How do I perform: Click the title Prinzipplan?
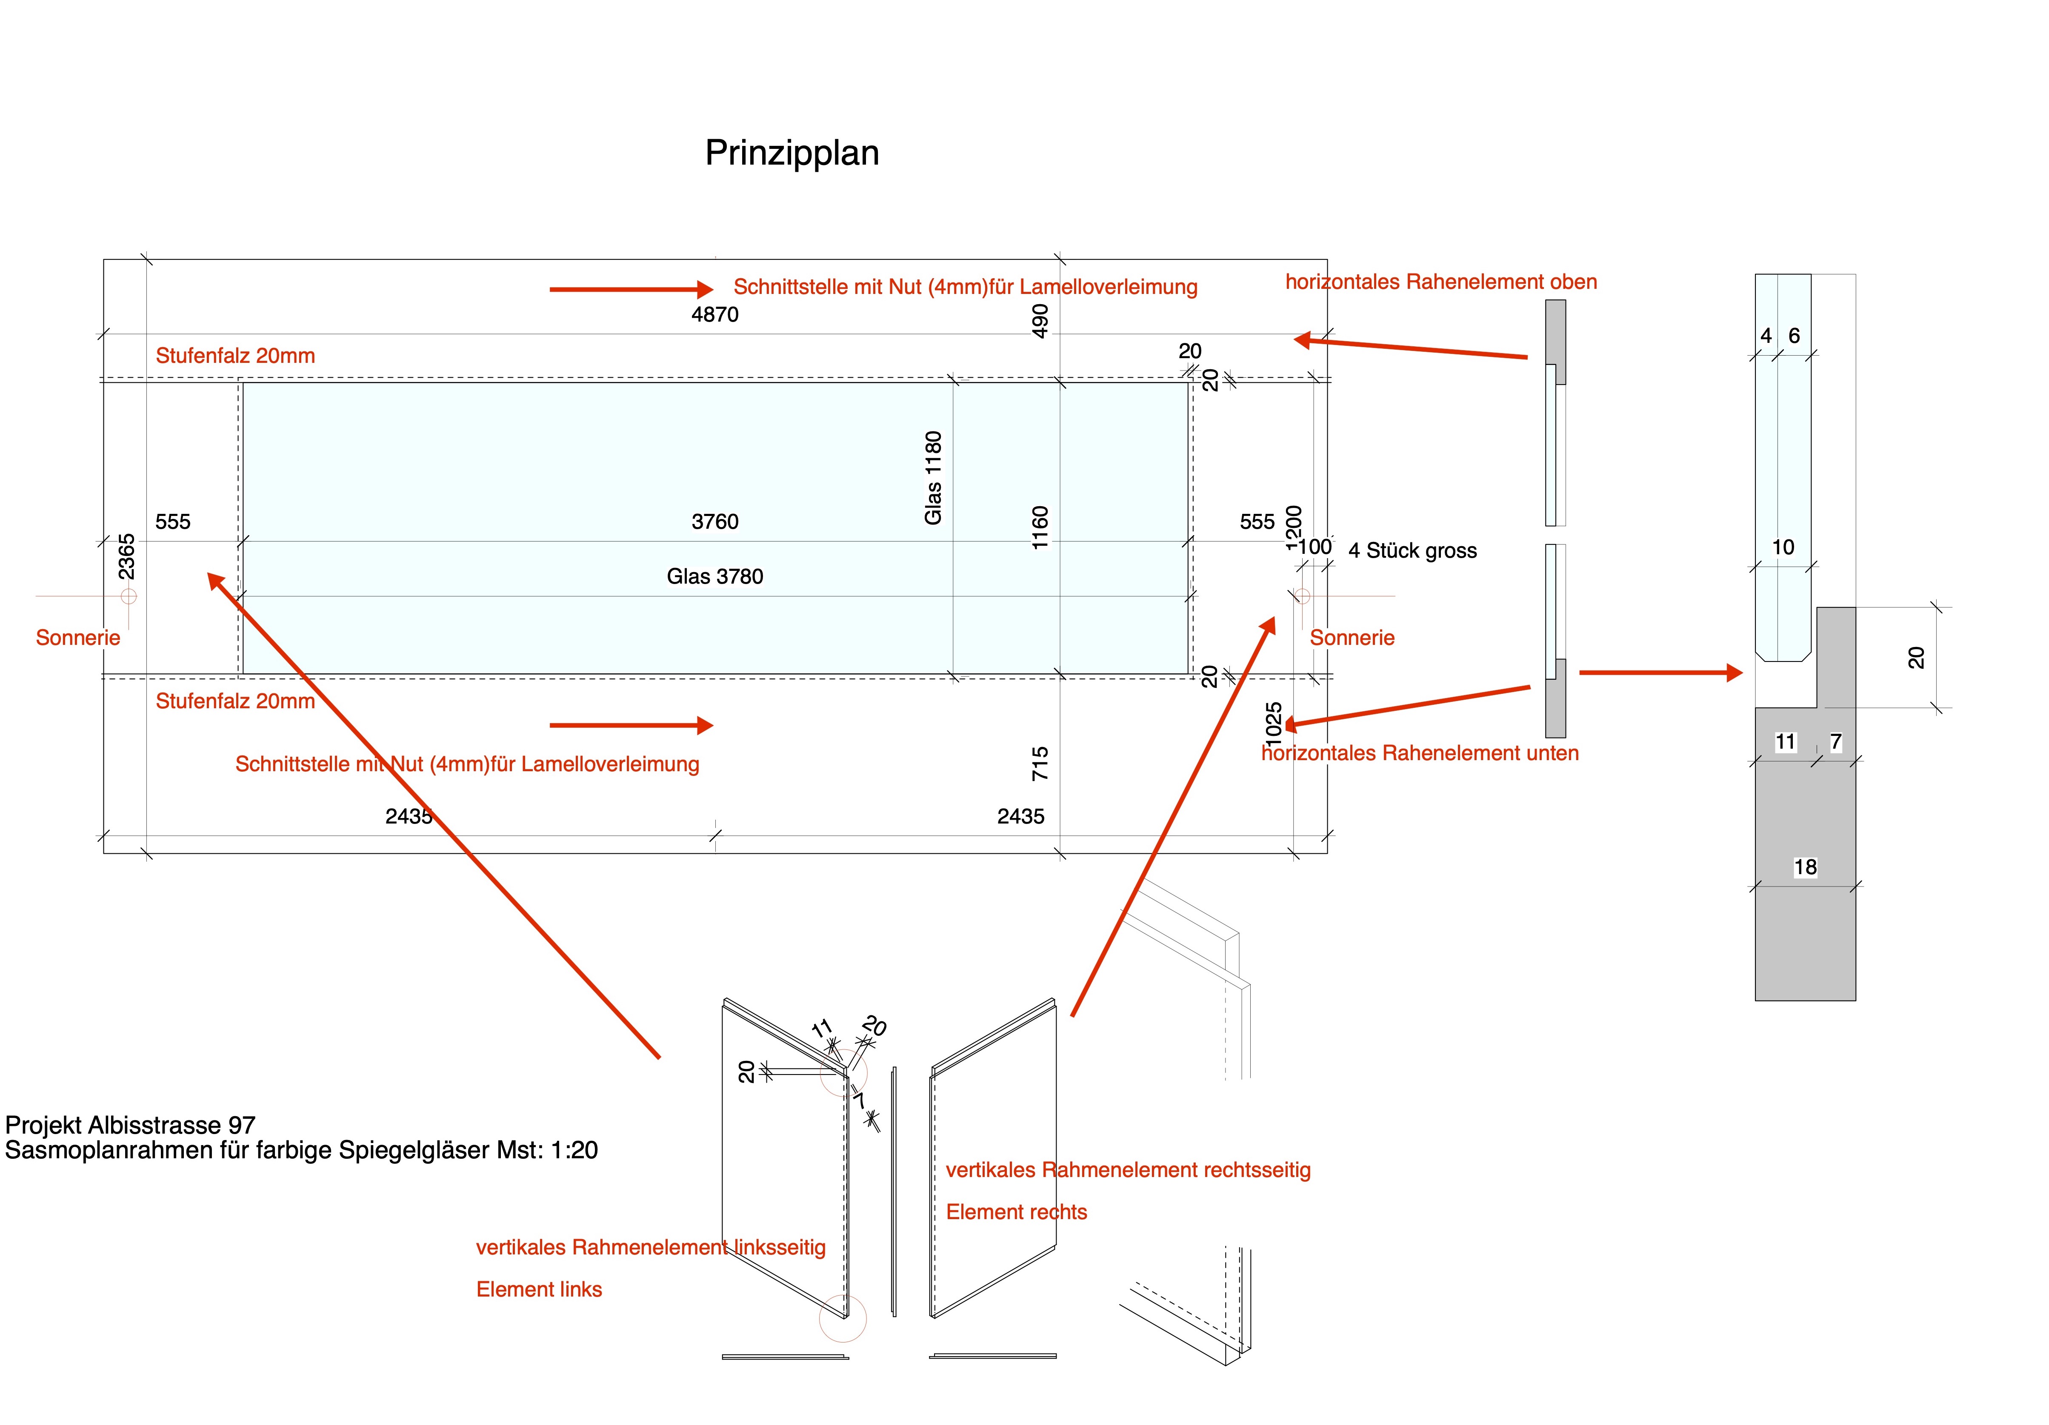click(792, 153)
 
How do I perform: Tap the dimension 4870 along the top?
click(715, 314)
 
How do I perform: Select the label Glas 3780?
click(715, 576)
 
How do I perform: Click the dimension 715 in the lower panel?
click(1040, 764)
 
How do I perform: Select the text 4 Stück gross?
click(1412, 550)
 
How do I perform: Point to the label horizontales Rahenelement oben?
click(1440, 282)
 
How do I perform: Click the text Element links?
click(539, 1289)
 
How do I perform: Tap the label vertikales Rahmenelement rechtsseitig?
click(1128, 1170)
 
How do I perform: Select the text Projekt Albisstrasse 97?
click(130, 1125)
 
